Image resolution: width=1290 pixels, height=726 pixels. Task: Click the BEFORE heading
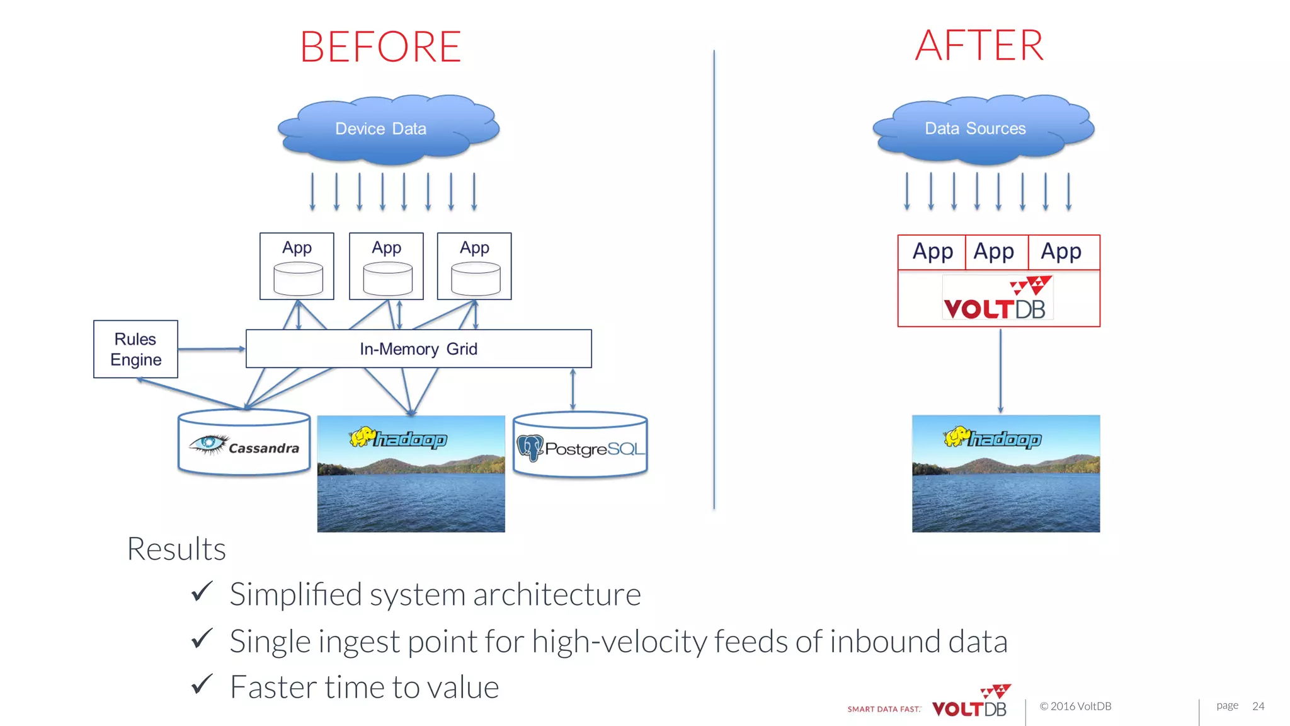pos(380,47)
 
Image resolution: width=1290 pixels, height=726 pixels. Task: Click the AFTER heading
pos(979,46)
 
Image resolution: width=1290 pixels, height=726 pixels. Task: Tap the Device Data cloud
pos(381,129)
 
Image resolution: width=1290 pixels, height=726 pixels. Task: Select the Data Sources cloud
pos(975,129)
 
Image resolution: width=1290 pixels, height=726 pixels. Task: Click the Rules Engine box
pos(135,349)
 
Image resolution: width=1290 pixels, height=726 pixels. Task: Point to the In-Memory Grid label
pos(418,349)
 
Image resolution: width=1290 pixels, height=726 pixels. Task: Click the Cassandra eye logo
pos(208,444)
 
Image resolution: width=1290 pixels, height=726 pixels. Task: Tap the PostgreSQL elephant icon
pos(530,448)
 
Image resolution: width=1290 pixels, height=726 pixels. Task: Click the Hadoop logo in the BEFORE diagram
pos(398,438)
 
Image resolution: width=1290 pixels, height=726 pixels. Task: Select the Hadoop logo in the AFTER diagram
pos(993,438)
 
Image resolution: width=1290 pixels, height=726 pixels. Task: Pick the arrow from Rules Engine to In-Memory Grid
pos(211,349)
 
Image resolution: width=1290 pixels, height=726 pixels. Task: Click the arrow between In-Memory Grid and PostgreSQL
pos(573,389)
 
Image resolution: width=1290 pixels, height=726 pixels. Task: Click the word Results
pos(176,549)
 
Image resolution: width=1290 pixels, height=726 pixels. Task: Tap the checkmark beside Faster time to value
pos(202,685)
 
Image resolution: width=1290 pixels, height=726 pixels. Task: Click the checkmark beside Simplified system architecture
pos(202,592)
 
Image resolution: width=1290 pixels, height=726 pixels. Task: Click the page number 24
pos(1258,706)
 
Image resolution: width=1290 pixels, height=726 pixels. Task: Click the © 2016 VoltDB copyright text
pos(1075,706)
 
